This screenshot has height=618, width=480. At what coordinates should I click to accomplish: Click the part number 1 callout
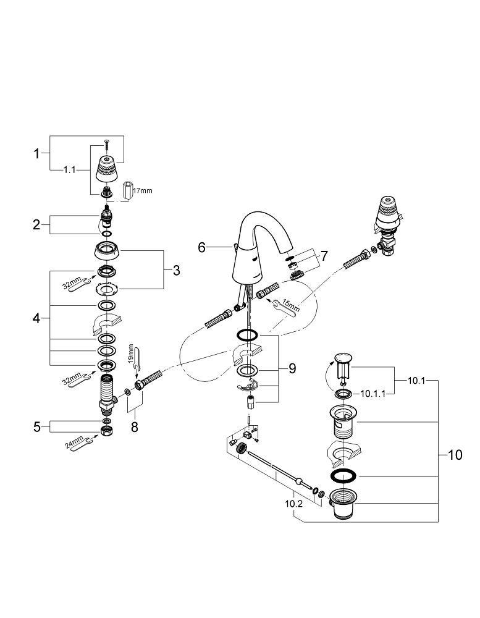[x=36, y=153]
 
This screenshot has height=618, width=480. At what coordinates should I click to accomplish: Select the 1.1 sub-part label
[x=69, y=170]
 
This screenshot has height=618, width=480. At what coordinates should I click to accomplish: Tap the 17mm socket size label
[x=142, y=191]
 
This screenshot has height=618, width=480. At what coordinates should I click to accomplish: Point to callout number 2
[x=36, y=225]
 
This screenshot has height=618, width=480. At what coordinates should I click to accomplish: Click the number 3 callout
[x=176, y=271]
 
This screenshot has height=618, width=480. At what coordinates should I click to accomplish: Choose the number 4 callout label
[x=36, y=318]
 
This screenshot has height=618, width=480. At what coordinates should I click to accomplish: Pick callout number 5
[x=37, y=426]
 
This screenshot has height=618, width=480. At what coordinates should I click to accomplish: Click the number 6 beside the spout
[x=202, y=248]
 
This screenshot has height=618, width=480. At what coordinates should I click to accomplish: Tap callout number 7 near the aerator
[x=324, y=256]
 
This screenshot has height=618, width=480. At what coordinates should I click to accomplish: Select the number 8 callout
[x=135, y=426]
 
